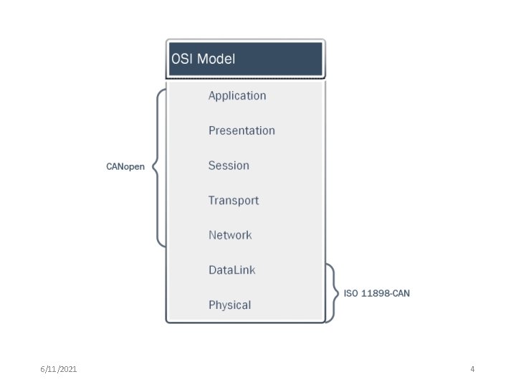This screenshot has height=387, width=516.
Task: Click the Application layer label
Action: coord(237,96)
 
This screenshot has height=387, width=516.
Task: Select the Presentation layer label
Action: coord(242,130)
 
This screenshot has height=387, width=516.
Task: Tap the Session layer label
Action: coord(229,166)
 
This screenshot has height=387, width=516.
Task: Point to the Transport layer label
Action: coord(234,201)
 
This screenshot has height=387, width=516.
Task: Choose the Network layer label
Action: coord(230,235)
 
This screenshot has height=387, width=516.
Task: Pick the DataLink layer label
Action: coord(231,270)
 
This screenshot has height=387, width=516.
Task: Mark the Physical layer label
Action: coord(229,305)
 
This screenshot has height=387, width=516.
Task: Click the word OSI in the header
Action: coord(181,59)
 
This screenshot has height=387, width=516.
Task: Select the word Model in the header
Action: coord(216,59)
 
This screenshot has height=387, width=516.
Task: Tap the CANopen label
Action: coord(125,167)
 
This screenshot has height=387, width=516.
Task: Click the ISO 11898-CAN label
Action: coord(377,294)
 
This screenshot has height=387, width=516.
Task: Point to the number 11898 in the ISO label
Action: coord(373,294)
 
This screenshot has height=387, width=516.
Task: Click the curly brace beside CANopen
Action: coord(159,166)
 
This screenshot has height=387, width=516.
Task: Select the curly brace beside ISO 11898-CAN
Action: coord(330,293)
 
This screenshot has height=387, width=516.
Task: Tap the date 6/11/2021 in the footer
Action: coord(59,369)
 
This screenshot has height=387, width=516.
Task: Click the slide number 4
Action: coord(472,369)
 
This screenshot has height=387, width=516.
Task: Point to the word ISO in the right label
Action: coord(350,294)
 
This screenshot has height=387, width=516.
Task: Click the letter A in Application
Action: coord(212,95)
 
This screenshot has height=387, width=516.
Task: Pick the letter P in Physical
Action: coord(212,305)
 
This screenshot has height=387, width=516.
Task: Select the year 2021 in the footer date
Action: coord(68,369)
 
